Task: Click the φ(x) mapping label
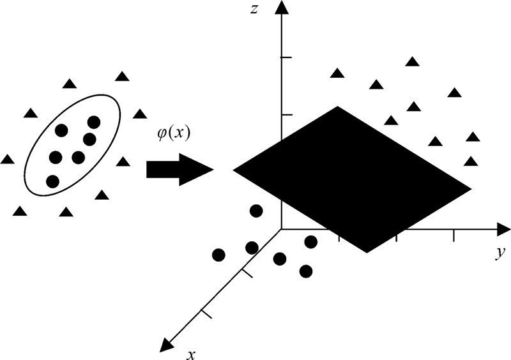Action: tap(174, 136)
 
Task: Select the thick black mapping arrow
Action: tap(179, 170)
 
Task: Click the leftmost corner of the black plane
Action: tap(235, 170)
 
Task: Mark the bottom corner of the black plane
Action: tap(367, 251)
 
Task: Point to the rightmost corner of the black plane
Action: tap(470, 188)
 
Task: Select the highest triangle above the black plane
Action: tap(413, 62)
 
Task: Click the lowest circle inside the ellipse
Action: tap(53, 181)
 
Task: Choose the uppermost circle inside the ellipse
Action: tap(94, 122)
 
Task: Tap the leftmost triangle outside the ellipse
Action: tap(7, 159)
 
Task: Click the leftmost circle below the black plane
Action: tap(218, 255)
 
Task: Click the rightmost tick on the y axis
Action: tap(454, 236)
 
